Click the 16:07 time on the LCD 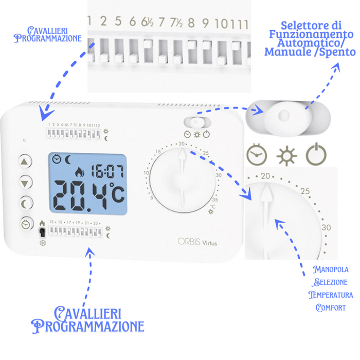tap(107, 171)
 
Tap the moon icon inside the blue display tap(68, 159)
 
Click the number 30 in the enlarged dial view tap(326, 227)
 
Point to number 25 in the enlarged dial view tap(305, 192)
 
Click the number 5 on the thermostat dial tap(152, 197)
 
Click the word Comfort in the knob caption tap(331, 308)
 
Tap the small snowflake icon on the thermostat tap(43, 243)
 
